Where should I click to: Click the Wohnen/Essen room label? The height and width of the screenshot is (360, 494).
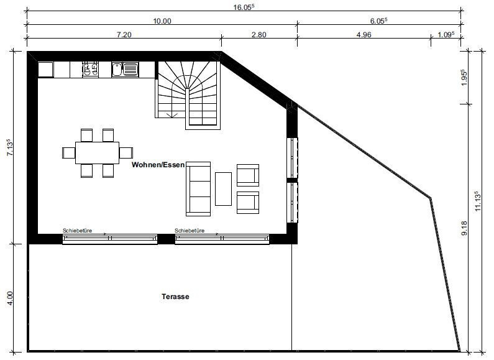coord(158,165)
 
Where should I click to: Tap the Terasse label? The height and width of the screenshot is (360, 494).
coord(175,297)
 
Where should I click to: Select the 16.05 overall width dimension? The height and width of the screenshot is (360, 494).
coord(244,7)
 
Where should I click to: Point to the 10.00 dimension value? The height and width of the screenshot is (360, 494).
coord(162,21)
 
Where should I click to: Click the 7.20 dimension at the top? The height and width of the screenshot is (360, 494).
coord(124,35)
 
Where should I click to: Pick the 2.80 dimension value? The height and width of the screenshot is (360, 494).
coord(259,35)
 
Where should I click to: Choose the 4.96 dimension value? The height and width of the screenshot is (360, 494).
coord(364,35)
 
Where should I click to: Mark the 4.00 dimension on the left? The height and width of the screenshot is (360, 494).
coord(10,298)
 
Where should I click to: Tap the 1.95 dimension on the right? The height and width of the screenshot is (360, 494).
coord(464,78)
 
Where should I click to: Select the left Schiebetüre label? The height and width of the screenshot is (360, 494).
coord(77,231)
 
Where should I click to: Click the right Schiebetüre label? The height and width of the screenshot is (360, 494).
coord(190,231)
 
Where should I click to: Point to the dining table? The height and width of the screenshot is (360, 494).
coord(98,153)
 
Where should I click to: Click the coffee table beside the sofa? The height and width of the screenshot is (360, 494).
coord(223,189)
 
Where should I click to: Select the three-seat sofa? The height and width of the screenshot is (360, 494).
coord(198,189)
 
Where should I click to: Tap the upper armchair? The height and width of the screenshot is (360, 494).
coord(248,175)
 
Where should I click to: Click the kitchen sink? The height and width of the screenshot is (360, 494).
coord(125,70)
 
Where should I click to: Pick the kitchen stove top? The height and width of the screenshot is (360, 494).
coord(91,70)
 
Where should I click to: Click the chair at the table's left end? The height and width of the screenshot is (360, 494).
coord(69,153)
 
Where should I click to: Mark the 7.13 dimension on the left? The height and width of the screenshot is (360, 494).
coord(10,147)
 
